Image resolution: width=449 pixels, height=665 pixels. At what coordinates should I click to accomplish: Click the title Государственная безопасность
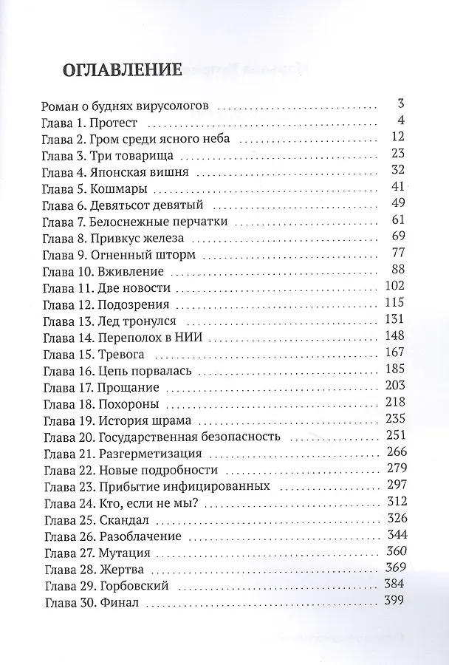pos(189,437)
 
